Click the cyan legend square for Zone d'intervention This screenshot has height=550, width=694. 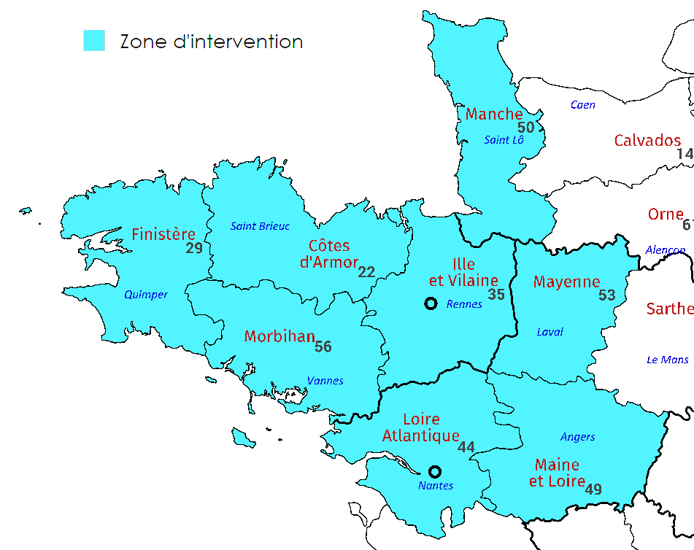click(x=94, y=41)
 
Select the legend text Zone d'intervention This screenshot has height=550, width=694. click(x=211, y=42)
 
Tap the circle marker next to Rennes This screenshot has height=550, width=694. click(x=431, y=303)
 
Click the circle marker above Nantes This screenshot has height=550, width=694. click(x=435, y=471)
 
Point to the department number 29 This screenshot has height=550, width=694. click(x=194, y=249)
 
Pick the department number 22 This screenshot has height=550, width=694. click(x=366, y=272)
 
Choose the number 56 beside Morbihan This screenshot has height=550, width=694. click(x=323, y=347)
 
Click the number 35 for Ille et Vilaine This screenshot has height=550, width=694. click(x=496, y=295)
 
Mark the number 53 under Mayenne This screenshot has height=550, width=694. click(x=607, y=295)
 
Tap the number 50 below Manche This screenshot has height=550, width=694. click(x=526, y=128)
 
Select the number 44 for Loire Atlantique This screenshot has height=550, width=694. click(x=466, y=447)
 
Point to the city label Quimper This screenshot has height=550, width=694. click(x=146, y=295)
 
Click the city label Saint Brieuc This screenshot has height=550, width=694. click(x=260, y=226)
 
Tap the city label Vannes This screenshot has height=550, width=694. click(x=325, y=381)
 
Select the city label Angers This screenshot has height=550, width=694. click(x=577, y=437)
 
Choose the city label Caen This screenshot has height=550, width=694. click(x=582, y=105)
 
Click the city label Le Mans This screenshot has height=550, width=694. click(x=667, y=360)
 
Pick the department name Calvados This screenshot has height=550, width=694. click(x=647, y=141)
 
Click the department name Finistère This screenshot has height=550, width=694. click(x=163, y=234)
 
